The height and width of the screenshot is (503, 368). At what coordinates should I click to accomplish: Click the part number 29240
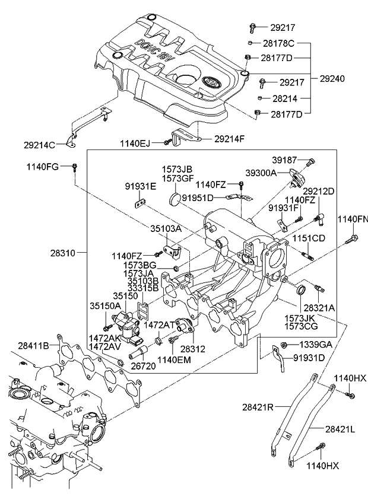(332, 78)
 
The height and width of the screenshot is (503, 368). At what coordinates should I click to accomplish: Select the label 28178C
(278, 43)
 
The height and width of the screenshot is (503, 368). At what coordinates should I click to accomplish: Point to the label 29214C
(39, 144)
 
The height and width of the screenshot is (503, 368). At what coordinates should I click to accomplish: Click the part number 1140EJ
(135, 142)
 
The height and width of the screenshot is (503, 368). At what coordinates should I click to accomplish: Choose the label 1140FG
(42, 167)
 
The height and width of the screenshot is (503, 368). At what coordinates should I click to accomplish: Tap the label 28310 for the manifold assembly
(64, 253)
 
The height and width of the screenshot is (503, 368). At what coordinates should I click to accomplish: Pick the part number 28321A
(319, 308)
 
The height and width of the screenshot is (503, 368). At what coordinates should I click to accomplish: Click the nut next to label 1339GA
(284, 346)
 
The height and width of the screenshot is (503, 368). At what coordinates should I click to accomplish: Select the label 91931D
(309, 358)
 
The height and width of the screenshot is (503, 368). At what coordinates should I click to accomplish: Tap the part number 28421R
(258, 407)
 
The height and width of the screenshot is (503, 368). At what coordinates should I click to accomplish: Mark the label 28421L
(340, 428)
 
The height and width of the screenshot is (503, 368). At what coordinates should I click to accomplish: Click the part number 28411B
(33, 345)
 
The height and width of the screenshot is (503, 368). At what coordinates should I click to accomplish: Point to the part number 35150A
(105, 306)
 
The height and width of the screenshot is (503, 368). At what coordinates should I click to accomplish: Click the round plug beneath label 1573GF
(175, 199)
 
